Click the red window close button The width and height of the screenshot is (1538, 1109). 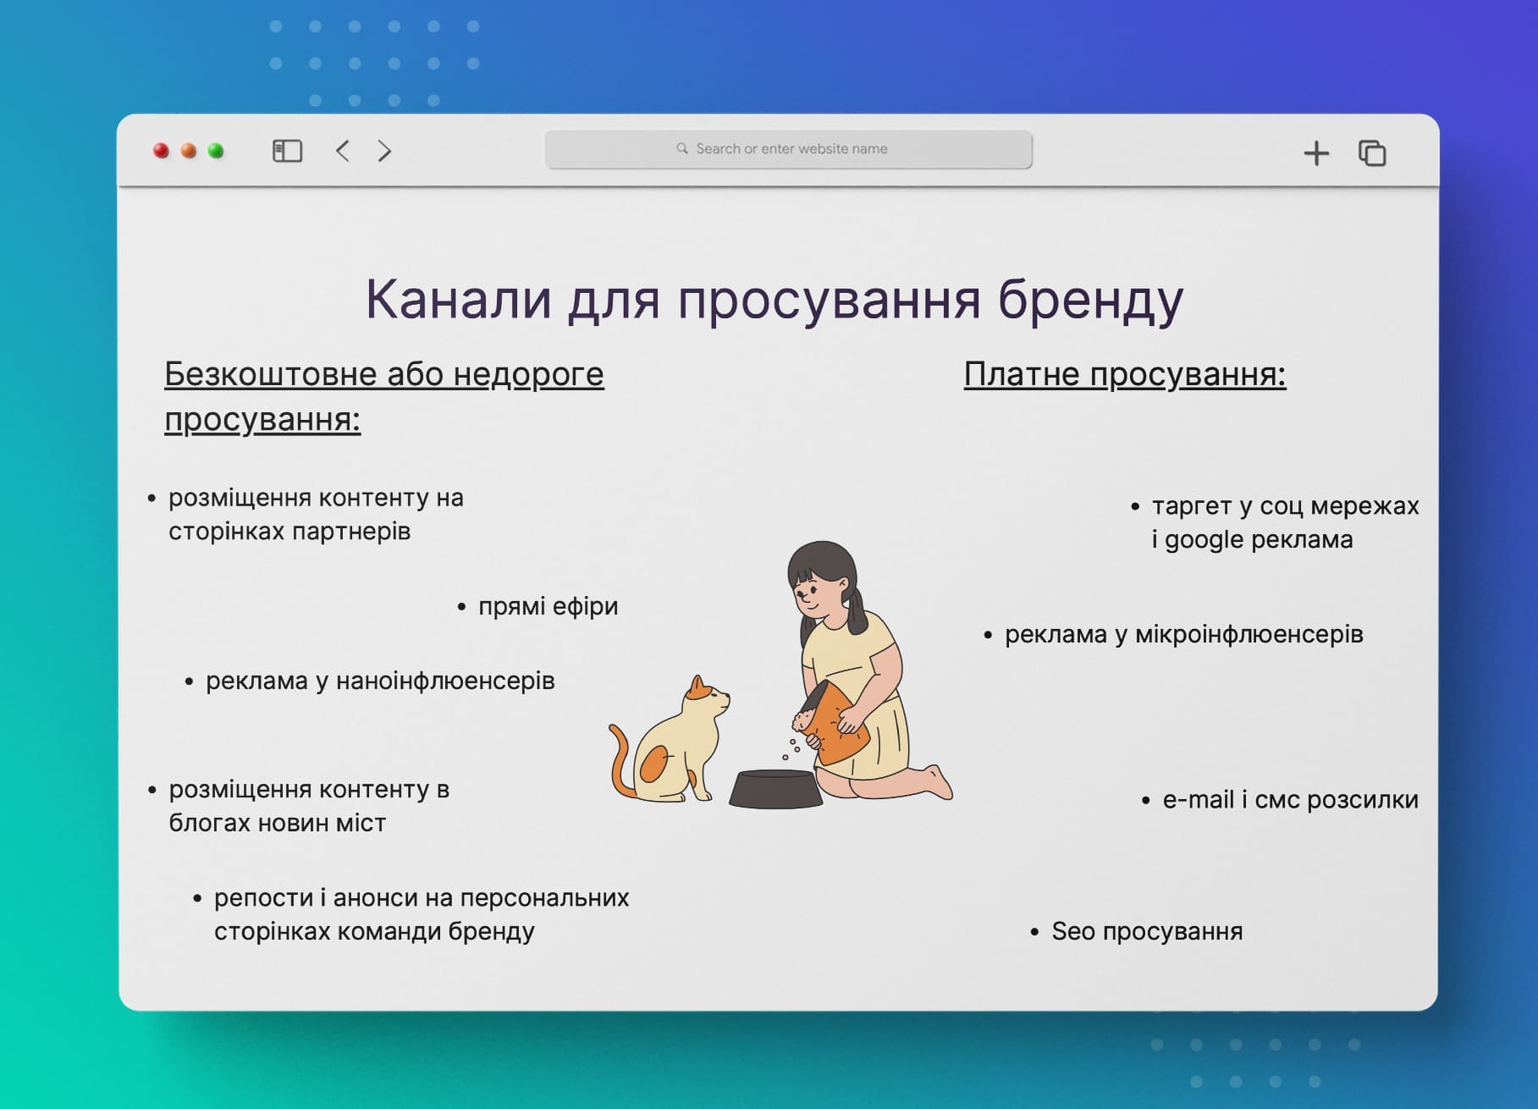click(161, 151)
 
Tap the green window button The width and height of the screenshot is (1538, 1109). click(216, 151)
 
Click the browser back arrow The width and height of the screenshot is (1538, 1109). click(343, 151)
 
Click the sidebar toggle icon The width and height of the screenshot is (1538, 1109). click(287, 151)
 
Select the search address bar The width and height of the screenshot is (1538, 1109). click(788, 149)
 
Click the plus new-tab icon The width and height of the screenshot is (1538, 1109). click(1315, 153)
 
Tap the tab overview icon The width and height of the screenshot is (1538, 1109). click(1371, 153)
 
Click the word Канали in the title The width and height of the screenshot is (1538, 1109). click(458, 299)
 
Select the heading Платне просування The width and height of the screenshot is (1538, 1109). click(1124, 374)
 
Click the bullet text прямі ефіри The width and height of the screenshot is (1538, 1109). click(548, 606)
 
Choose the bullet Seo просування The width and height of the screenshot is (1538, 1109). click(1146, 931)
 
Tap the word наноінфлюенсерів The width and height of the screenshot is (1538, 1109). click(445, 681)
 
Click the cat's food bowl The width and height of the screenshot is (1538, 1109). click(775, 788)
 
